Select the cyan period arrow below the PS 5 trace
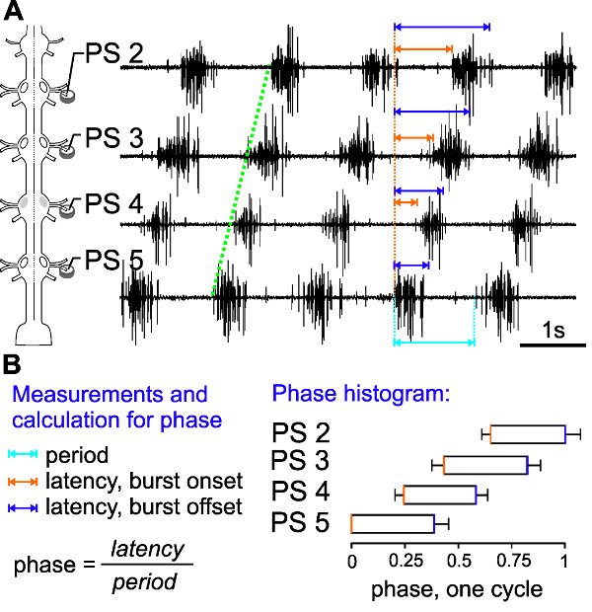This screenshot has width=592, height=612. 434,343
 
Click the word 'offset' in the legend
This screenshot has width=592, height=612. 210,507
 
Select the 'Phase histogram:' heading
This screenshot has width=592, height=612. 361,395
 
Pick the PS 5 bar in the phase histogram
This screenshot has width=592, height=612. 393,523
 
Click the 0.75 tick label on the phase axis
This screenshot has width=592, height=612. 510,560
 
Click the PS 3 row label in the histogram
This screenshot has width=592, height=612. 301,462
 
